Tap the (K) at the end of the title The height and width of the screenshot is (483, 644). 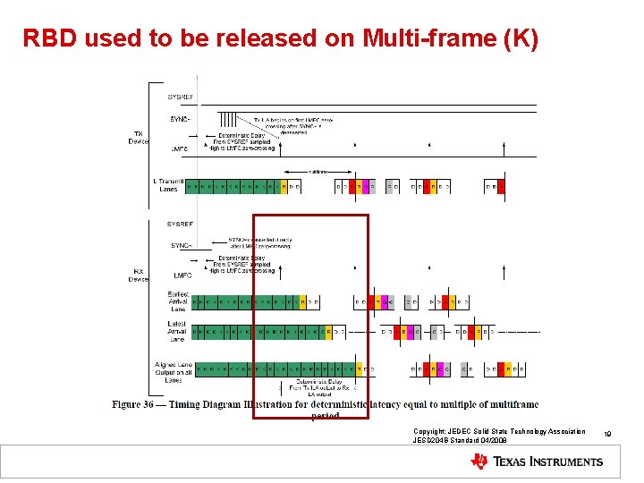521,38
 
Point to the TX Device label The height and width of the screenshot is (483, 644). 139,137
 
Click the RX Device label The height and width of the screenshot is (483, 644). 139,275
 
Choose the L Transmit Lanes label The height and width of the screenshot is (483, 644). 167,185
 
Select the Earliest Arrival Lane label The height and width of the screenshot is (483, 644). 177,301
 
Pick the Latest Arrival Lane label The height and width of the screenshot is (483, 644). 177,332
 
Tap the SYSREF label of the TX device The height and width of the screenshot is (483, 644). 180,97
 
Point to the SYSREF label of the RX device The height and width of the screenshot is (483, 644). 180,224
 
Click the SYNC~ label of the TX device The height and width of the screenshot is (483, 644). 180,117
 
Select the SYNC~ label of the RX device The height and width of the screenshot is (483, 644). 182,245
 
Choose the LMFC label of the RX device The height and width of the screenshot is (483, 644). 182,275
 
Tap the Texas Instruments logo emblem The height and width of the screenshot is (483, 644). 479,462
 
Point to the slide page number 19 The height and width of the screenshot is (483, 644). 607,434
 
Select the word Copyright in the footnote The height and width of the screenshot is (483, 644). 430,431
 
